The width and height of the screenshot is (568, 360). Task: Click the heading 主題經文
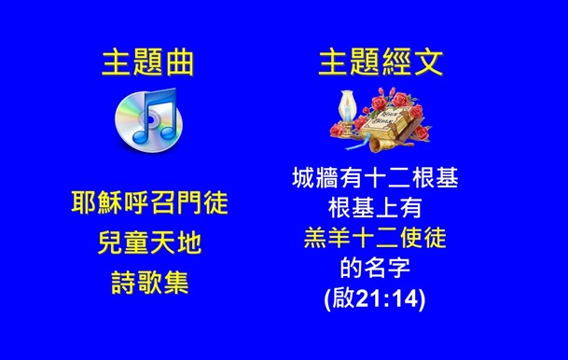click(381, 62)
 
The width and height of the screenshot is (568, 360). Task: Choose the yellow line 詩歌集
click(149, 283)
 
